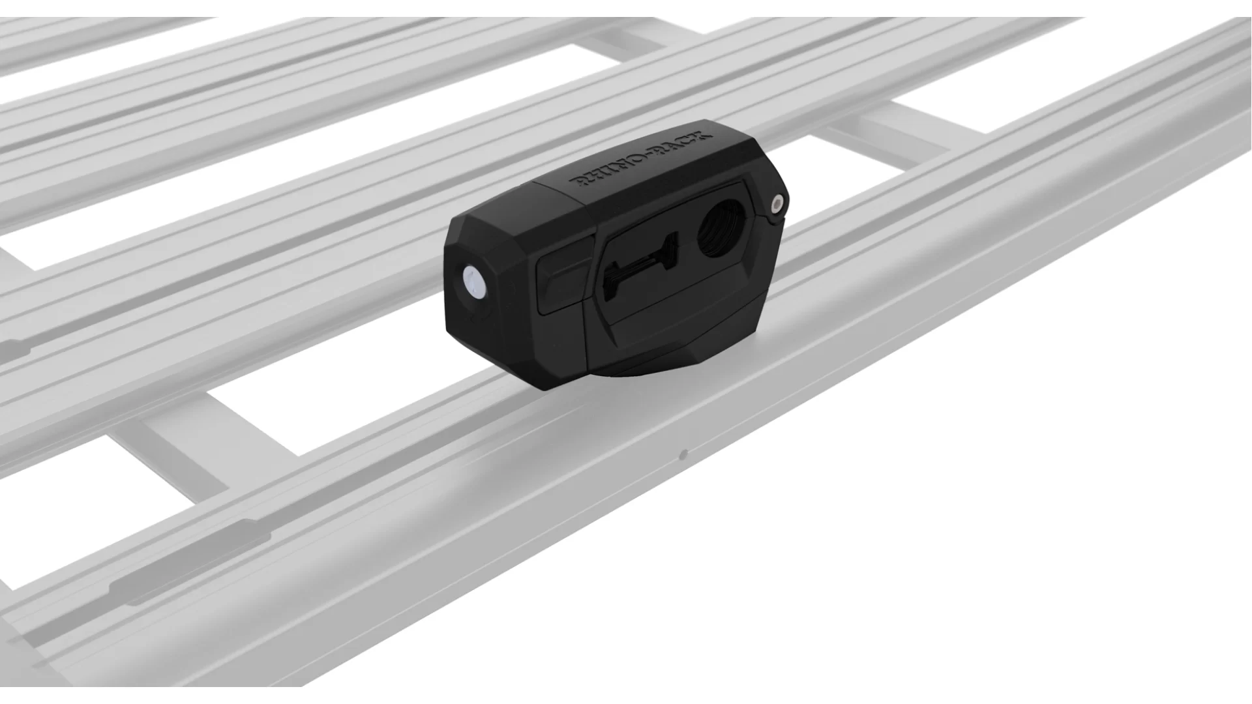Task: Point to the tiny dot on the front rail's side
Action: click(683, 454)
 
